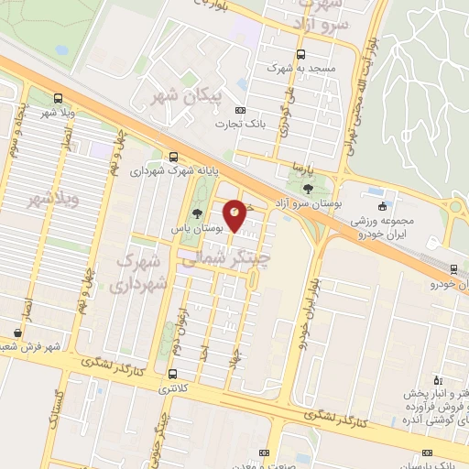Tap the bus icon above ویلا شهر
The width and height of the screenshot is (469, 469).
(59, 98)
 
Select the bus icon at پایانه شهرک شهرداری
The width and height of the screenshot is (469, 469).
(174, 157)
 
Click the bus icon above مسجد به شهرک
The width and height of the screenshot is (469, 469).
(302, 54)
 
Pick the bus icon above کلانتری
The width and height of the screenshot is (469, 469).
(173, 374)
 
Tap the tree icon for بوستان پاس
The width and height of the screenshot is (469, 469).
(198, 214)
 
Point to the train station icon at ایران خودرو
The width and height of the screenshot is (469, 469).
(455, 268)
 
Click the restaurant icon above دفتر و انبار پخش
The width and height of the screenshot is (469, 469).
(437, 379)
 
